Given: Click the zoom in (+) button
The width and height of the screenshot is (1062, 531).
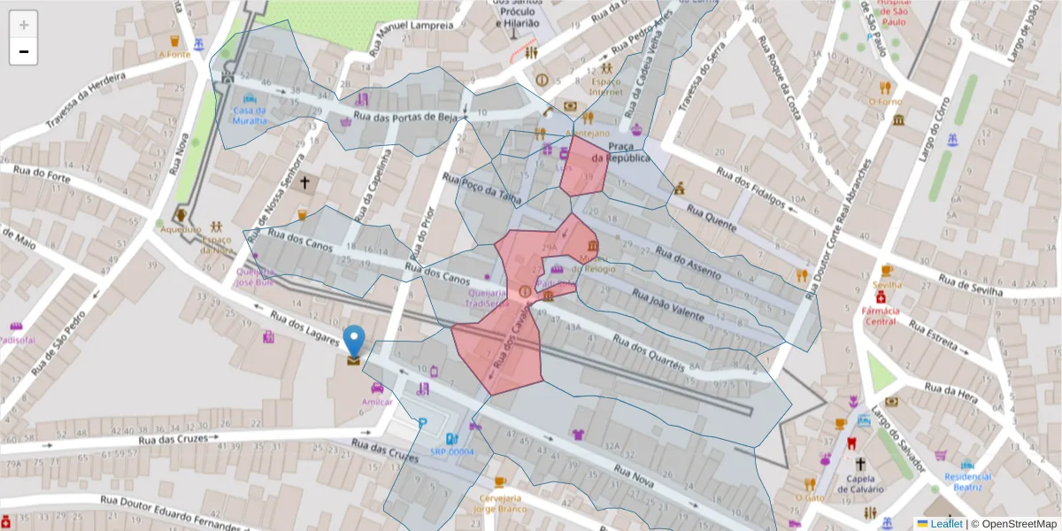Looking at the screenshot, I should coord(24,25).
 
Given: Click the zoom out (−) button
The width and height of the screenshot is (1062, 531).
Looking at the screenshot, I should coord(24,52).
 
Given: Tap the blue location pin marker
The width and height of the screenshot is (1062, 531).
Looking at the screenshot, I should coord(354,342).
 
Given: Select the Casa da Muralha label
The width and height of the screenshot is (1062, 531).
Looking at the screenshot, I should coord(250,115).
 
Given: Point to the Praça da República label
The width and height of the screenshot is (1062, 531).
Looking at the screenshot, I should coord(620,151).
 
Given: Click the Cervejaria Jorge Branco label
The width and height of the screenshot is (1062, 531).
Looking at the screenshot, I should coord(497,504).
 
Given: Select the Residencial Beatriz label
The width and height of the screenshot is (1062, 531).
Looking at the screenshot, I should coord(967,481).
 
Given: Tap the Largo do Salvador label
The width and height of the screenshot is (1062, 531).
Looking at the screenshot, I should coord(899,440).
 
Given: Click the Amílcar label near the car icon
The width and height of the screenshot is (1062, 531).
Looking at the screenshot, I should coord(377,401).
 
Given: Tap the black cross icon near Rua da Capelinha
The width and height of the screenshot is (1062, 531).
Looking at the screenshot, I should coord(305,183).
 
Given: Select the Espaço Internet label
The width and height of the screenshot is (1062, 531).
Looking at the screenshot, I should coord(606,86).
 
